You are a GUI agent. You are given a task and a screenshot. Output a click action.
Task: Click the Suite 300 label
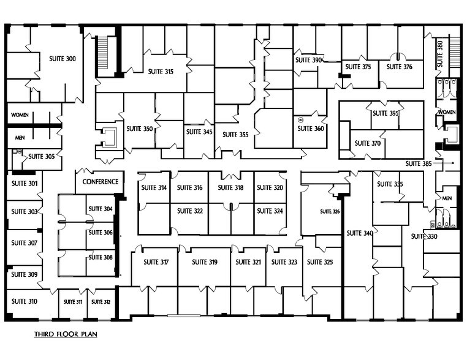click(x=62, y=59)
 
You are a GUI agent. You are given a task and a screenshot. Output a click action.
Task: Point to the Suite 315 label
click(x=161, y=72)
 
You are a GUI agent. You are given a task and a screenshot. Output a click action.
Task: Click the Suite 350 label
click(x=139, y=129)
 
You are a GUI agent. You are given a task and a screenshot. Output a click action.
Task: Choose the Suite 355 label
click(x=235, y=135)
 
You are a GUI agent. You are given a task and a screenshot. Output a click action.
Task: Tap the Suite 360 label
click(x=310, y=129)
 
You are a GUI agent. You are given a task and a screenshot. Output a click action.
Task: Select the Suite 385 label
click(x=419, y=163)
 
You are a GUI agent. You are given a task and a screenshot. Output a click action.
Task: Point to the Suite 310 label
click(x=24, y=301)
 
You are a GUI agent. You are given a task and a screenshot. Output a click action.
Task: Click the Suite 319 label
click(x=204, y=262)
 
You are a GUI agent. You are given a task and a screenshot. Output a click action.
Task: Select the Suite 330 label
click(x=423, y=237)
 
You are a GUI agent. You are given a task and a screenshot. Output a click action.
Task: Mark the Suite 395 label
click(x=385, y=113)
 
